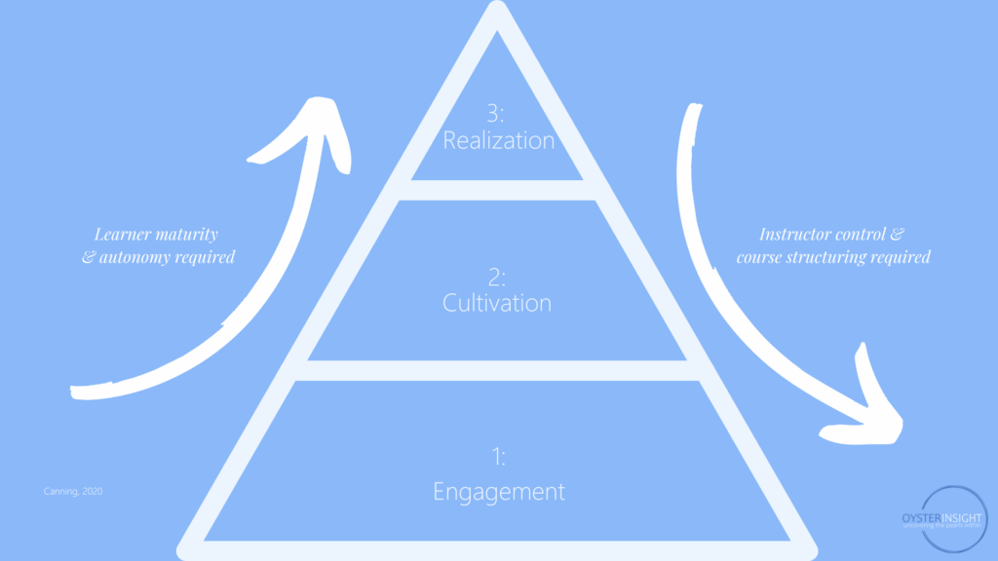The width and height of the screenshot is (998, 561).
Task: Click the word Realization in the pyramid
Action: pyautogui.click(x=499, y=140)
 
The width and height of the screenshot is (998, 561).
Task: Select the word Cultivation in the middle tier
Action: pyautogui.click(x=497, y=303)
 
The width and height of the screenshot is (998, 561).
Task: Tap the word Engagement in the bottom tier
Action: pyautogui.click(x=499, y=491)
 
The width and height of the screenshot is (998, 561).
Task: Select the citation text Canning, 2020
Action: pyautogui.click(x=72, y=492)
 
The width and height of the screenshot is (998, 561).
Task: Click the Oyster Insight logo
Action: pyautogui.click(x=942, y=517)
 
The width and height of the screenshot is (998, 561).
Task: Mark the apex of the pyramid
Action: pyautogui.click(x=498, y=12)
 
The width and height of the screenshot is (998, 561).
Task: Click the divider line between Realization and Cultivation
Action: pyautogui.click(x=498, y=190)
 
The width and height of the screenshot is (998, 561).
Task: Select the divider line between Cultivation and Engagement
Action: pyautogui.click(x=498, y=371)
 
